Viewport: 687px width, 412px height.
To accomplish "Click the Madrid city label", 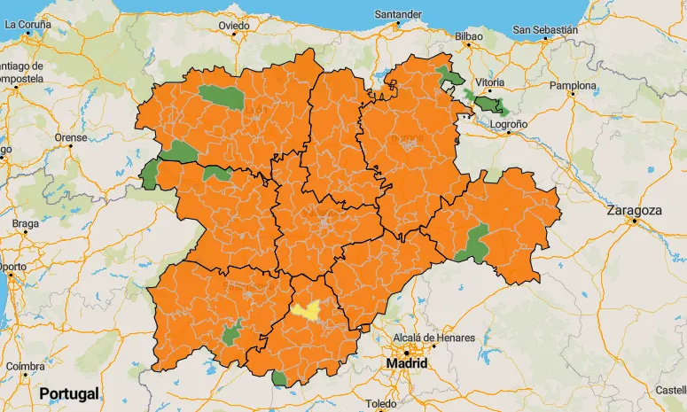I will coord(407,363).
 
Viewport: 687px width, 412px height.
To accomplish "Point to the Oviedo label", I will coord(235,26).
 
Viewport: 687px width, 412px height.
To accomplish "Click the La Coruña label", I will coord(29,24).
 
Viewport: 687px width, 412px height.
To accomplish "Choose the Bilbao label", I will coord(468,36).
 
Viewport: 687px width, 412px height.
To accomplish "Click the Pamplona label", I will coord(574,86).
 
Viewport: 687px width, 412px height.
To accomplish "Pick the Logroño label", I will coord(508,124).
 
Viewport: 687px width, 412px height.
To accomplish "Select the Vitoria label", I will coord(489,82).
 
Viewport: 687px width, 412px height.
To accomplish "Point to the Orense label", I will coord(71,137).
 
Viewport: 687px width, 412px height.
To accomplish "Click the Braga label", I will coord(26,223).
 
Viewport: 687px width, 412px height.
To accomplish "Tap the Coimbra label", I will coord(25,366).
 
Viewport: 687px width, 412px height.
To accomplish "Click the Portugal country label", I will coord(69,393).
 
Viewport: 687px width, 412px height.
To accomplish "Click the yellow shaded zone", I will coord(308,311).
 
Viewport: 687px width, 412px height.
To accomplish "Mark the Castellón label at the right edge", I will coord(670,390).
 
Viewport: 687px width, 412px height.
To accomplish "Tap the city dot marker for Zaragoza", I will coord(634,222).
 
